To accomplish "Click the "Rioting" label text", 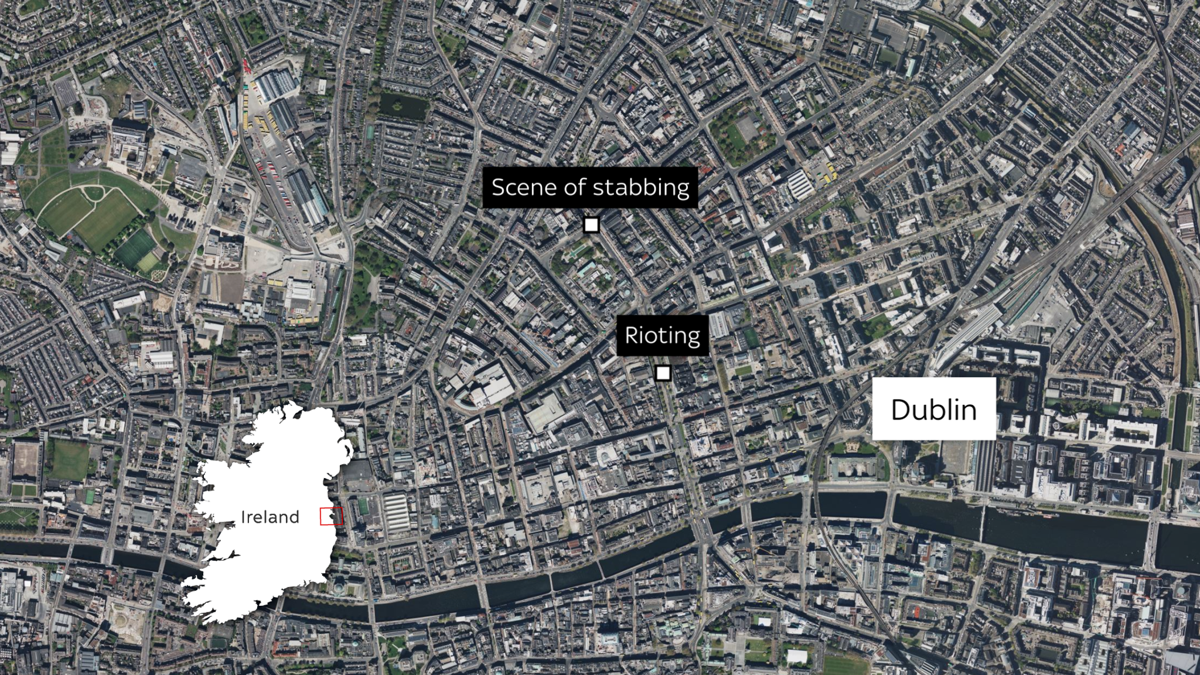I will tap(662, 336).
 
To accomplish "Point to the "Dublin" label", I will tap(933, 410).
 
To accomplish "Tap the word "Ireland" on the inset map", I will tap(270, 517).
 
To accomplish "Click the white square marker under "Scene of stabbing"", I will tap(591, 225).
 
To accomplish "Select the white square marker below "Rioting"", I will tap(663, 373).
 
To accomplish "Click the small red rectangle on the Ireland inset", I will tap(331, 516).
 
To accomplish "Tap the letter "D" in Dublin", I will tap(901, 410).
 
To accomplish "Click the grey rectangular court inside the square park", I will tap(748, 128).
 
